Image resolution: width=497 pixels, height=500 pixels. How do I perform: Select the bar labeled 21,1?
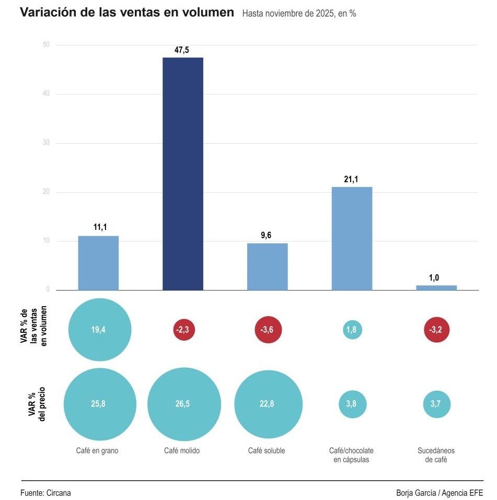(352, 238)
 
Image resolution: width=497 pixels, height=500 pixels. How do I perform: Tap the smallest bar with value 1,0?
(436, 287)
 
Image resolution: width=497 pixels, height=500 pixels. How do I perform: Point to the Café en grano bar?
(98, 263)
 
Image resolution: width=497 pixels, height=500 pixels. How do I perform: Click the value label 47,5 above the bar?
(182, 50)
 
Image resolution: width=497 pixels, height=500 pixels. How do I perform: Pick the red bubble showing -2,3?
(183, 330)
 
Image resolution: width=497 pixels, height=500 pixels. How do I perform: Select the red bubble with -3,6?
(268, 330)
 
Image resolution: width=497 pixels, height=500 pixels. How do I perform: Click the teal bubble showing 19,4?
(99, 330)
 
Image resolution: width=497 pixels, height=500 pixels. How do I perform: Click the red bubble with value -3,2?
(436, 330)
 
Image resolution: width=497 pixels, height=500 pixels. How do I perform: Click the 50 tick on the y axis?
(46, 45)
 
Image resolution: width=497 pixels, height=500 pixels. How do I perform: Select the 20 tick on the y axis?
(46, 192)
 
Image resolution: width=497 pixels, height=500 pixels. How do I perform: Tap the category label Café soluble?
(267, 451)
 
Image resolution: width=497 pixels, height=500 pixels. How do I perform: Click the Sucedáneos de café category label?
(436, 455)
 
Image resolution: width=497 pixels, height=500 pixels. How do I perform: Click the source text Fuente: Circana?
(45, 493)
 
